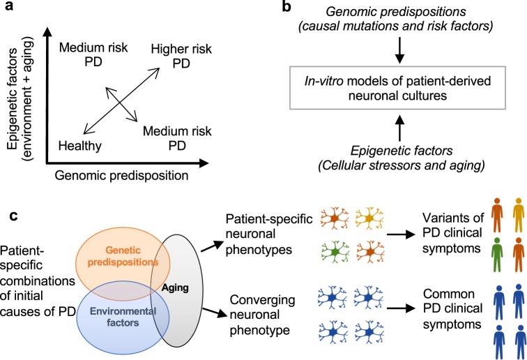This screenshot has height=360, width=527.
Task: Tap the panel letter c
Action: [13, 216]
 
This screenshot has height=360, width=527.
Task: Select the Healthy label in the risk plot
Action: [80, 146]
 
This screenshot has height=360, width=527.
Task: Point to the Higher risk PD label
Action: [181, 56]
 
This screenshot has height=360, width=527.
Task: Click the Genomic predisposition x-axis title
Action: [121, 176]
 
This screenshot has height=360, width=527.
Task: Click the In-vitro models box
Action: [397, 88]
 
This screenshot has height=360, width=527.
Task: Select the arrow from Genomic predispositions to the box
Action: [399, 50]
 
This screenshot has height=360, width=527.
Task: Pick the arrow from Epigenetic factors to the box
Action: [399, 128]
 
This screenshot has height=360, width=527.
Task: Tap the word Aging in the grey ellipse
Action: [175, 288]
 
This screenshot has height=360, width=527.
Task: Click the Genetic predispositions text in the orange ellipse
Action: [123, 256]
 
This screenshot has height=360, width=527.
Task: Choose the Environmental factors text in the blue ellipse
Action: [123, 317]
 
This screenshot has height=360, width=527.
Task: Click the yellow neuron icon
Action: [369, 218]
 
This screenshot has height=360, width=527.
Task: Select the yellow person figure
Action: [519, 216]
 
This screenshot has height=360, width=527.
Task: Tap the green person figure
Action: [497, 255]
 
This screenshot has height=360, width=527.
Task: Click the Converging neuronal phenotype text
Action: [262, 315]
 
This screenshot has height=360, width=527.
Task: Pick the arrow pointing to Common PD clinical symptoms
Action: [402, 308]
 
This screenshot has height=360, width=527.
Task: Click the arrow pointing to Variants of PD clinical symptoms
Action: [402, 234]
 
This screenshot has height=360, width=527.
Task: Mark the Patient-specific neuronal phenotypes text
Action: [269, 234]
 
